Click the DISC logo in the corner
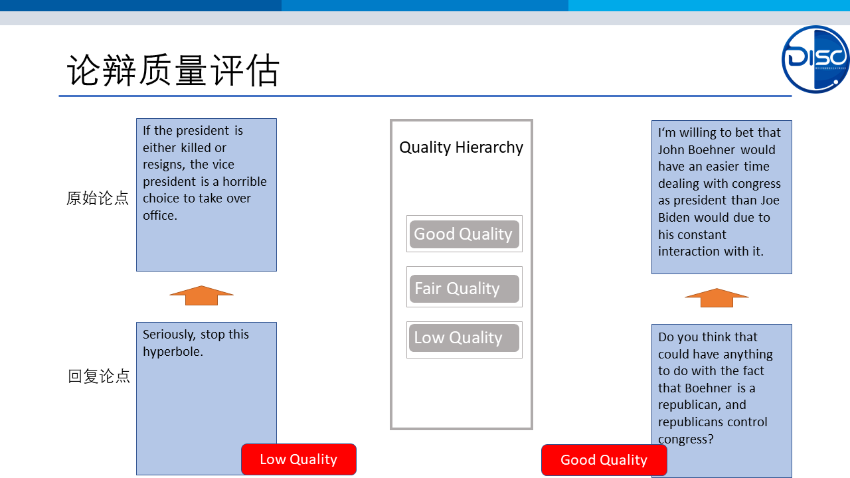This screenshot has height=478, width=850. point(815,59)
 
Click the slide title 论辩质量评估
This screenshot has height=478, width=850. point(173,70)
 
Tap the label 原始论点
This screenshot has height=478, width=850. point(98,199)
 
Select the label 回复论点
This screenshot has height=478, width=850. point(99,376)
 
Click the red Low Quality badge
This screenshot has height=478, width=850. point(299,459)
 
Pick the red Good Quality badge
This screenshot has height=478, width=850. point(604,460)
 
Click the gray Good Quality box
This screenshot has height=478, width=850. point(464,234)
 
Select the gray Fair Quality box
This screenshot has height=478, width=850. point(464,289)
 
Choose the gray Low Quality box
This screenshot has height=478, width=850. point(464,338)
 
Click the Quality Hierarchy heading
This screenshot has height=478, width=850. point(461,147)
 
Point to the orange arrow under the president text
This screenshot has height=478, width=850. point(201,295)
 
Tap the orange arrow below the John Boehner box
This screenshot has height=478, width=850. point(717,298)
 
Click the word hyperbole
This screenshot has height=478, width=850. point(173,352)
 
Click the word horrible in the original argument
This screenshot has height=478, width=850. point(245,182)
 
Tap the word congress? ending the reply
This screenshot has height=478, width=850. point(686,439)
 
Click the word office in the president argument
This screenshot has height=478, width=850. point(160,216)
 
